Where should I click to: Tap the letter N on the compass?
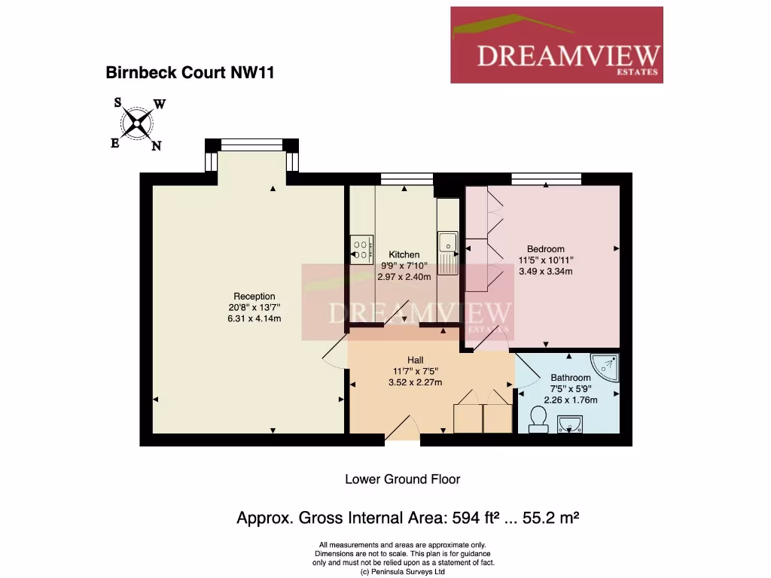click(x=157, y=147)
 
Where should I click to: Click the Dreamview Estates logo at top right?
click(x=556, y=45)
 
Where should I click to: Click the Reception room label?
click(x=254, y=297)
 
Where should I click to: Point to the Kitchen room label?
click(x=404, y=255)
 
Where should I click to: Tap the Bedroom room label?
click(x=545, y=249)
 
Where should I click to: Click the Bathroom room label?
click(x=570, y=378)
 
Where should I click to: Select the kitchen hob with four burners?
click(x=361, y=250)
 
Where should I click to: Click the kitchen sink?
click(x=448, y=243)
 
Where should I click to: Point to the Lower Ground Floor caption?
click(x=402, y=479)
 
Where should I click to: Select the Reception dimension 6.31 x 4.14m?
click(x=254, y=318)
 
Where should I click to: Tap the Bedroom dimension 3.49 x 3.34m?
click(x=545, y=272)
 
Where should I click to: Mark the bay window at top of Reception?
click(x=252, y=144)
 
